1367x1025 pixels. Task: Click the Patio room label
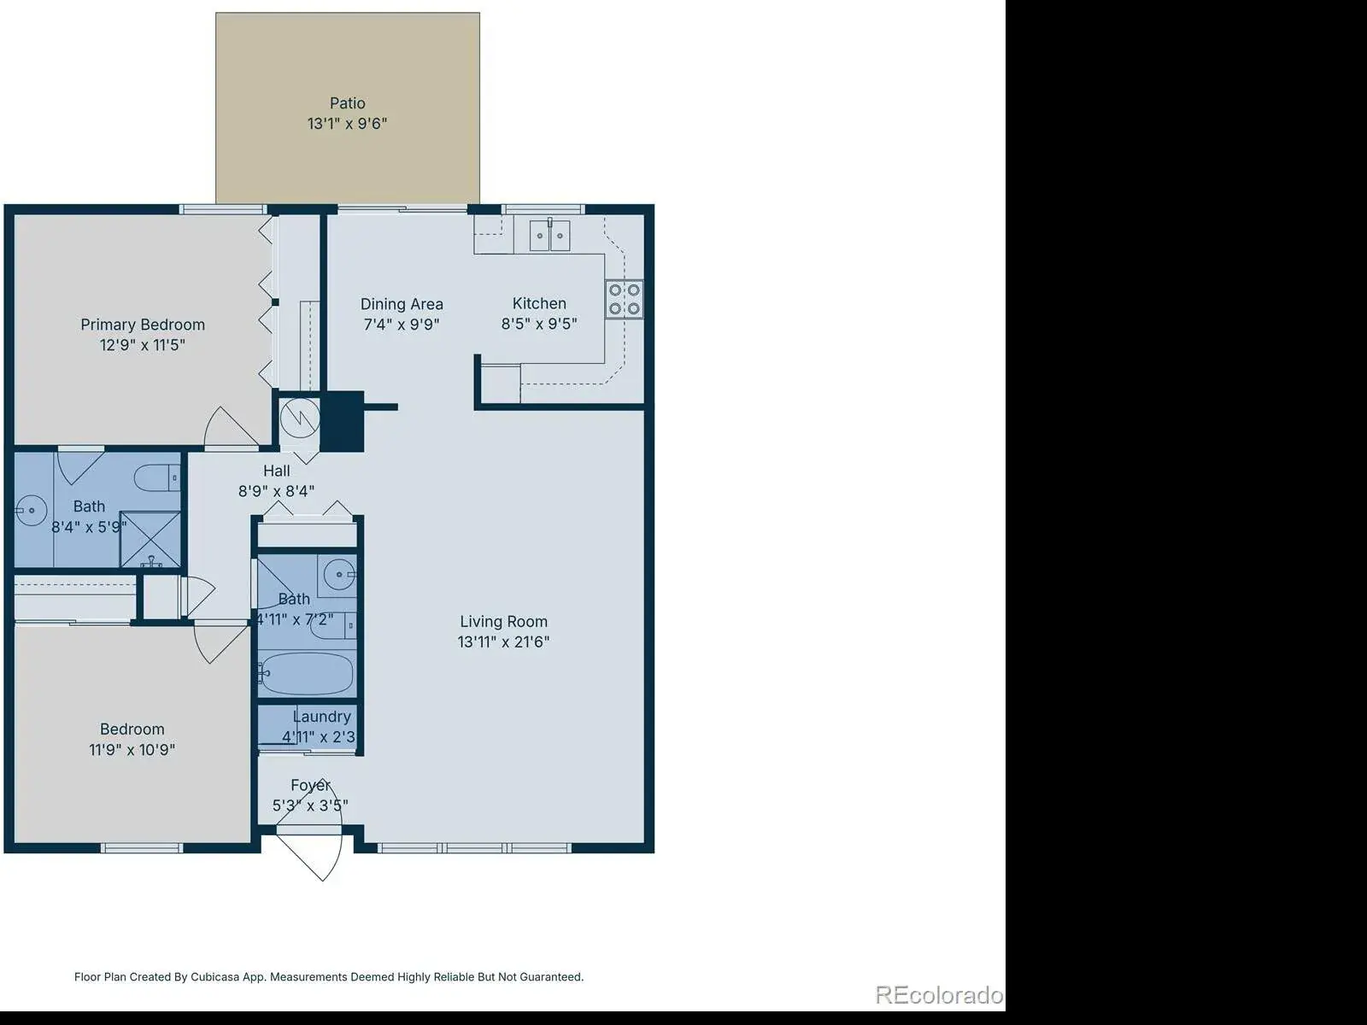click(x=348, y=102)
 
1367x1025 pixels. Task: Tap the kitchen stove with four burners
click(x=624, y=299)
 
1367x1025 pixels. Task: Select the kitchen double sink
click(x=549, y=235)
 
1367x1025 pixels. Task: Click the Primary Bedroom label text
click(x=143, y=325)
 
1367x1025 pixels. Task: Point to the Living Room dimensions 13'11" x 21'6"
click(x=504, y=641)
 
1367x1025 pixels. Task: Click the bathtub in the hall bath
click(x=307, y=673)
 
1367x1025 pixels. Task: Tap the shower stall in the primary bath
click(x=150, y=539)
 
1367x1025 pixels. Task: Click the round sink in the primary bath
click(x=31, y=510)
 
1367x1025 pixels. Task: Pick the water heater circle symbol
click(x=300, y=419)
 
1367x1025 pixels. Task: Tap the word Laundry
click(x=322, y=717)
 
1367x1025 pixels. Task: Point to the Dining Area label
click(x=402, y=304)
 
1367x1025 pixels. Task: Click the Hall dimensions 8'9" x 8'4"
click(x=277, y=492)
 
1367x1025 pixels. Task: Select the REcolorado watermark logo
click(x=939, y=994)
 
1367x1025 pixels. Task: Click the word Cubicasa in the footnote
click(x=214, y=977)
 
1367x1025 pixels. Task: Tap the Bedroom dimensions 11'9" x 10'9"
click(x=132, y=749)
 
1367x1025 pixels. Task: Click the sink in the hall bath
click(x=339, y=574)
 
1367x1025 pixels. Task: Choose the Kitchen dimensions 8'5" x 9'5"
click(x=539, y=324)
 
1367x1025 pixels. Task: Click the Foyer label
click(x=311, y=785)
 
